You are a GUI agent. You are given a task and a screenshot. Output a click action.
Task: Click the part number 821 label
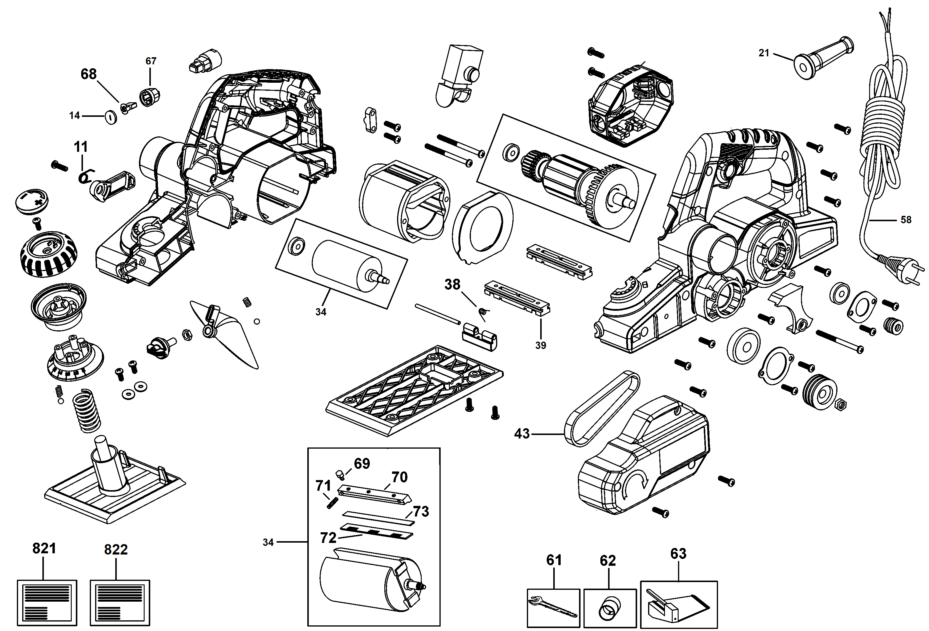(x=44, y=548)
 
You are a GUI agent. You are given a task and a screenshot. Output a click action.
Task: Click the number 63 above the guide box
(x=678, y=554)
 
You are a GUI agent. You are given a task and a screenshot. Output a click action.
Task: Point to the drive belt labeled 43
(x=602, y=410)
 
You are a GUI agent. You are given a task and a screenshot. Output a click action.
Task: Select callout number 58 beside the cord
(x=906, y=219)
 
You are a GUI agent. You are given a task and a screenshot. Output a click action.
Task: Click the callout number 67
(x=151, y=61)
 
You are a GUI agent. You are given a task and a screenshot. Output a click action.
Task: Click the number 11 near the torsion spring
(x=81, y=147)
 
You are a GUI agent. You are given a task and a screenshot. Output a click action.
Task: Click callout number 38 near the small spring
(x=452, y=284)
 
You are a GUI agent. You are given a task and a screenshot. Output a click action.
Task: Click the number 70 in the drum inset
(x=399, y=477)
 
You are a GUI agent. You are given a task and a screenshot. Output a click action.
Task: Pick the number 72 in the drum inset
(x=328, y=538)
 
